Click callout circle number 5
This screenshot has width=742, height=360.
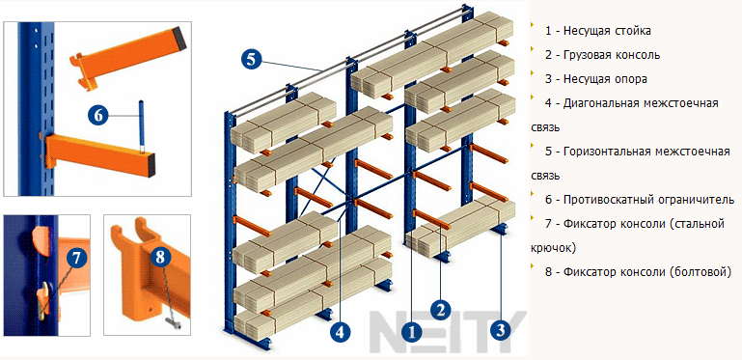pos(251,59)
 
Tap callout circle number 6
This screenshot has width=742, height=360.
pos(97,116)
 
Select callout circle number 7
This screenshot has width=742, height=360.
pos(77,258)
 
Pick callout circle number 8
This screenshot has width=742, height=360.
pos(161,258)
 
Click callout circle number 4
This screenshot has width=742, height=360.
pos(340,332)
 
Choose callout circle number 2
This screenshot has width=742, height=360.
pos(441,310)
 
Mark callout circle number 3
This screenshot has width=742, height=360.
pos(501,330)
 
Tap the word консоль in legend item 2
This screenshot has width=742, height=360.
pos(633,55)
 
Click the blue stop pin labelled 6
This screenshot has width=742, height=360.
pos(141,125)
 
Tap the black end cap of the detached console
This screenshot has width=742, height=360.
pos(179,38)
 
